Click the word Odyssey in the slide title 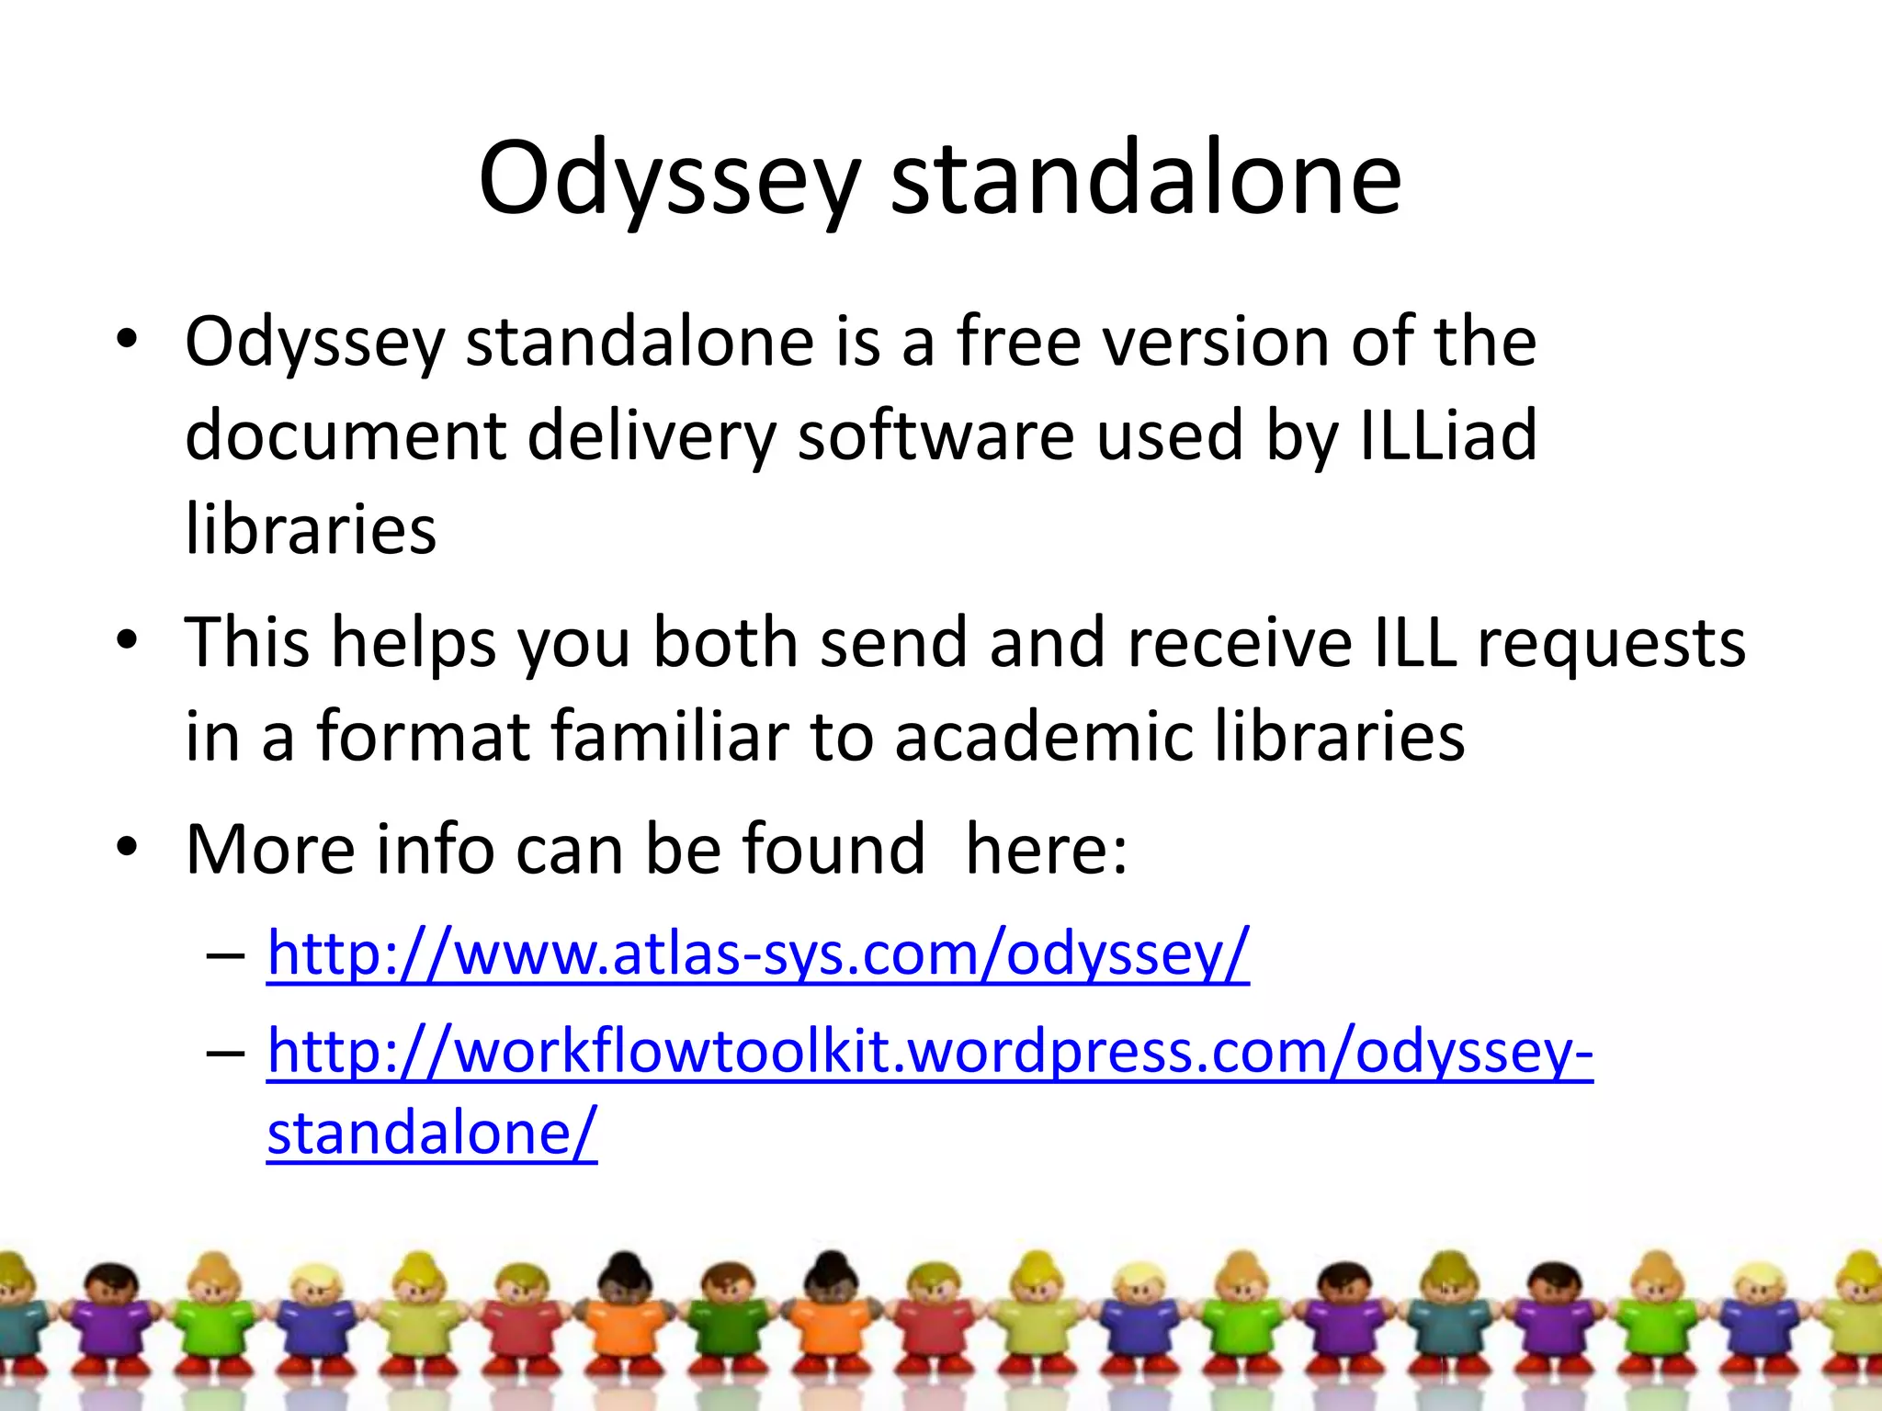[x=669, y=179]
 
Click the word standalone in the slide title [x=1146, y=179]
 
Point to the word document [x=345, y=435]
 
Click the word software [x=935, y=435]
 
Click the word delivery [x=652, y=435]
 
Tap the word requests [x=1611, y=642]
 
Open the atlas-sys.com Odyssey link [x=758, y=954]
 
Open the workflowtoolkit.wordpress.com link [x=929, y=1051]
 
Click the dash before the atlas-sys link [x=226, y=955]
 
